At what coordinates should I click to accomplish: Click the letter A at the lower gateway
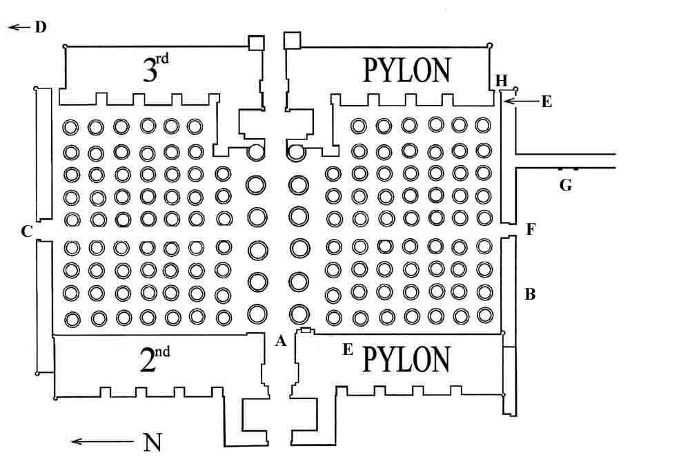coord(279,340)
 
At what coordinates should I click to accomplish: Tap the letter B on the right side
coord(530,294)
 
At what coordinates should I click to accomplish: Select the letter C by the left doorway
coord(27,231)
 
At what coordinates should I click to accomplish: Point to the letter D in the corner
coord(40,28)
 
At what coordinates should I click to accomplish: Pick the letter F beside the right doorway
coord(531,229)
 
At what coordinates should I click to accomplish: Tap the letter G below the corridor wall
coord(566,184)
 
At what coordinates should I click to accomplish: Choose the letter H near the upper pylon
coord(502,81)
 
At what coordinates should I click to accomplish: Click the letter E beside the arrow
coord(546,102)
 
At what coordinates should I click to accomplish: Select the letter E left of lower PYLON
coord(348,350)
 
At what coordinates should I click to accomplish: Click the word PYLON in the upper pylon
coord(407,70)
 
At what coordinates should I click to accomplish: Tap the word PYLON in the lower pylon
coord(406,359)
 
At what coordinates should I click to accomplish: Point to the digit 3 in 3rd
coord(150,71)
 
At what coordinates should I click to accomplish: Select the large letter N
coord(152,442)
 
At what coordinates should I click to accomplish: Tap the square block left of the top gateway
coord(258,43)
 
